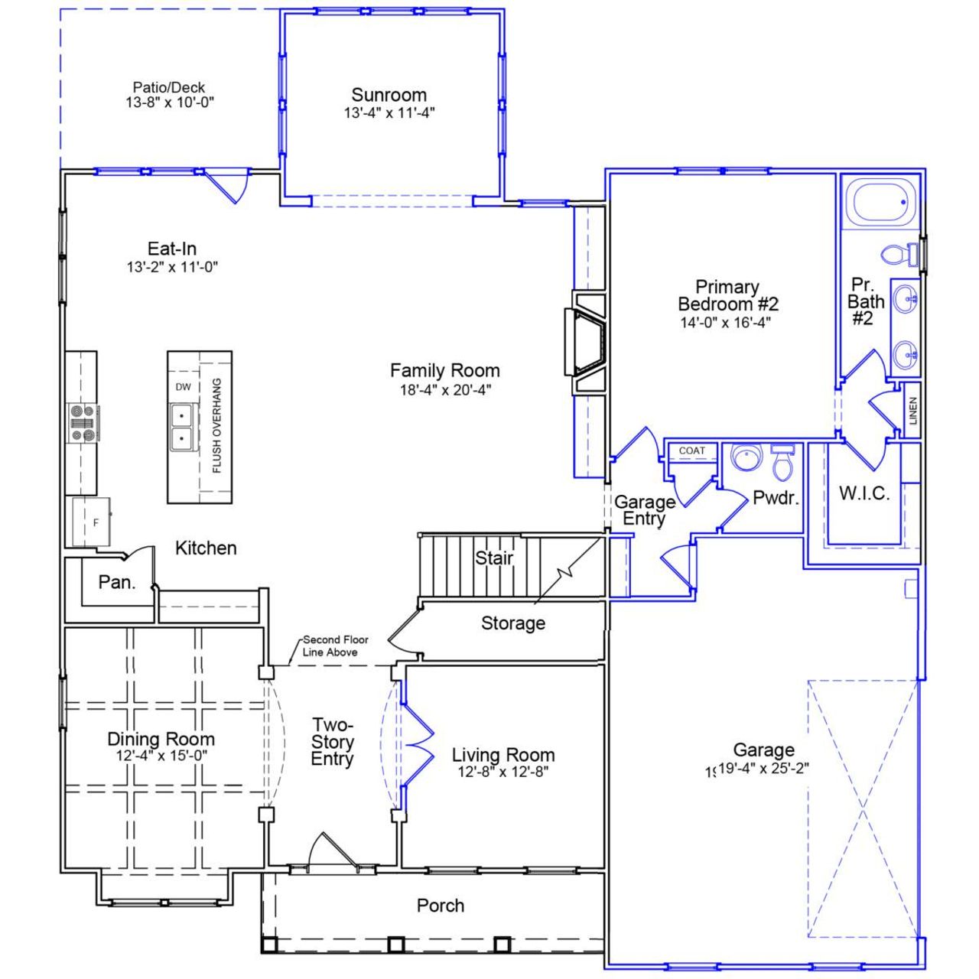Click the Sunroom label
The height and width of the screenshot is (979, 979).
(x=389, y=96)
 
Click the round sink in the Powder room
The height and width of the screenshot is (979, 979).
(x=746, y=458)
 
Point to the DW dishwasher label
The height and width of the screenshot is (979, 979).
(x=184, y=387)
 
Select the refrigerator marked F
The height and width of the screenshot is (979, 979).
(x=92, y=522)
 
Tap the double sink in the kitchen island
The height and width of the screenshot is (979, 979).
(x=182, y=428)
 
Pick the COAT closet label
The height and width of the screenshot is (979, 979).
(x=691, y=450)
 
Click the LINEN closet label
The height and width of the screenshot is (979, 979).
(x=912, y=411)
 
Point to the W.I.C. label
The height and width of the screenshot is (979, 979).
(x=864, y=493)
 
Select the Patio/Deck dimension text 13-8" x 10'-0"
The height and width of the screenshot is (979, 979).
(x=170, y=102)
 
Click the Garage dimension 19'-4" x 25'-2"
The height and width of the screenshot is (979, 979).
(x=763, y=769)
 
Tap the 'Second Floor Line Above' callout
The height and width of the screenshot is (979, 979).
(x=335, y=646)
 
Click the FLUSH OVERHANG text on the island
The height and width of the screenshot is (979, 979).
(x=217, y=425)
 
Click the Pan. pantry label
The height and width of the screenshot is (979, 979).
(x=117, y=583)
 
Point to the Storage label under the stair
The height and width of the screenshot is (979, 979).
(x=513, y=623)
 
